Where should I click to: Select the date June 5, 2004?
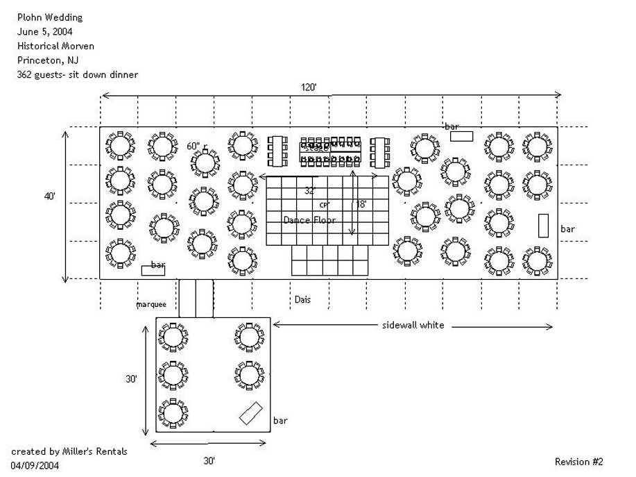click(45, 31)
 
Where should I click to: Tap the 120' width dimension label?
click(309, 87)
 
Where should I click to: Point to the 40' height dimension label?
click(50, 196)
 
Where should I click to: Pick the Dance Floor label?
click(309, 220)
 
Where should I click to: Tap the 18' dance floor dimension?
click(361, 205)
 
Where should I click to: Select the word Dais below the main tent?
click(302, 300)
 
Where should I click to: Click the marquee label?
click(152, 304)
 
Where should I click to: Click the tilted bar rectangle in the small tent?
click(250, 413)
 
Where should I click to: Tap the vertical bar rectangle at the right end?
click(544, 226)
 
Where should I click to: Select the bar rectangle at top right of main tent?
click(462, 136)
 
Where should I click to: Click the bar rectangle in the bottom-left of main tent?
click(153, 269)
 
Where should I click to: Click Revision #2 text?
click(579, 462)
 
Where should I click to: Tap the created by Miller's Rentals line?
click(69, 451)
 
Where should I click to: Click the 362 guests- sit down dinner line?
click(78, 74)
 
